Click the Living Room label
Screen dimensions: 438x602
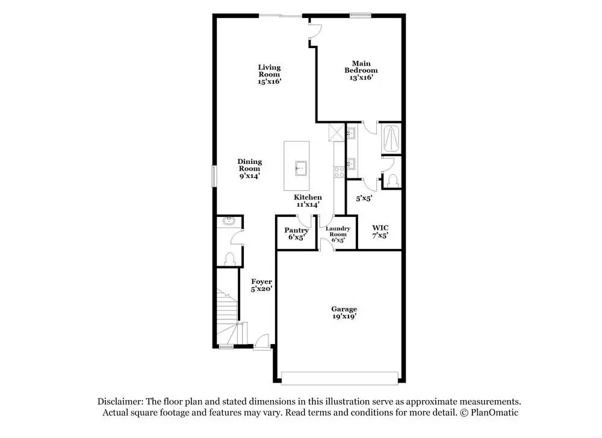[269, 74]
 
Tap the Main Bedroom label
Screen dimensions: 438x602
[361, 70]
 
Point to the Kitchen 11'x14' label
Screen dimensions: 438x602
[308, 201]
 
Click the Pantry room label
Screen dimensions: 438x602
[296, 234]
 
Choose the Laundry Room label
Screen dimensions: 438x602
[338, 234]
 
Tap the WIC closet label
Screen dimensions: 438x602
[380, 231]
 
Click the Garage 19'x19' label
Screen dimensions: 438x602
[343, 312]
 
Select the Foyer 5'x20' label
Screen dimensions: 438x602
[262, 285]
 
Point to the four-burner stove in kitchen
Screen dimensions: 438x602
[338, 171]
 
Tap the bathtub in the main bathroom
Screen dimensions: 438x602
[391, 138]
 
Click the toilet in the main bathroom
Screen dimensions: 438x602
[392, 180]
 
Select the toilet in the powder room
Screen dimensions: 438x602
[229, 258]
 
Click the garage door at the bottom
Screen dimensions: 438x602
[340, 378]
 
